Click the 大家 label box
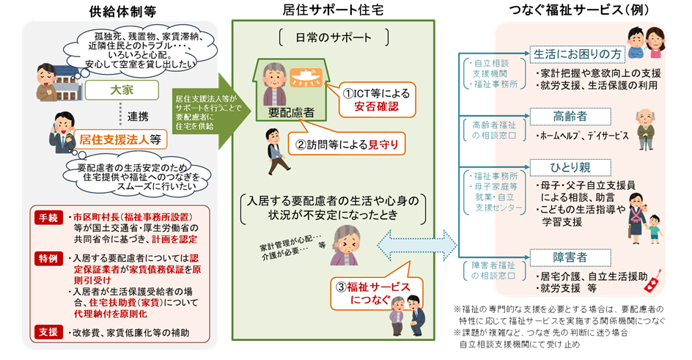click(x=121, y=90)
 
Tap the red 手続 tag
click(x=47, y=218)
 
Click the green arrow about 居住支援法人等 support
click(x=205, y=109)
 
